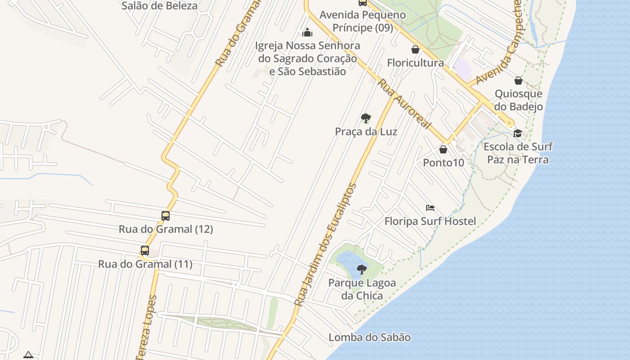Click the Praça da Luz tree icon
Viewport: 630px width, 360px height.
(366, 118)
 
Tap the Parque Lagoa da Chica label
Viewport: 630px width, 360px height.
(362, 289)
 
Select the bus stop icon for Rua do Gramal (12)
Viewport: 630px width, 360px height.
(166, 216)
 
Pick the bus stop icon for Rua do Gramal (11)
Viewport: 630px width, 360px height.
(145, 251)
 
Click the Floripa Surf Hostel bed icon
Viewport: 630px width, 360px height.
(430, 208)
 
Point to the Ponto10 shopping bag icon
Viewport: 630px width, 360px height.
(443, 149)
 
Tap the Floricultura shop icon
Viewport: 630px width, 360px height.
(415, 49)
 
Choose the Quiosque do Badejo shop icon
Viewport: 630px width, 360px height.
(518, 81)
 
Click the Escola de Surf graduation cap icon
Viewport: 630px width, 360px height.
(517, 133)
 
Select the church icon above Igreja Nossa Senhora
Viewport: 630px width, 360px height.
(307, 32)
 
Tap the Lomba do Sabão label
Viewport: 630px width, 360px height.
(369, 337)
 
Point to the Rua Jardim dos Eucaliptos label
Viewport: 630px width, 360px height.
(325, 245)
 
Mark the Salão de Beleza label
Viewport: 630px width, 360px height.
(159, 6)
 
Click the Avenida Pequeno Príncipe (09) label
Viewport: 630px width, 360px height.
(363, 21)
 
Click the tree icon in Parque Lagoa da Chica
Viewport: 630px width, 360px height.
(361, 270)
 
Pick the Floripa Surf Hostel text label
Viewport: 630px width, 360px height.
(430, 221)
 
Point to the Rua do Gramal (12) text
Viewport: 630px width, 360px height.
(166, 229)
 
